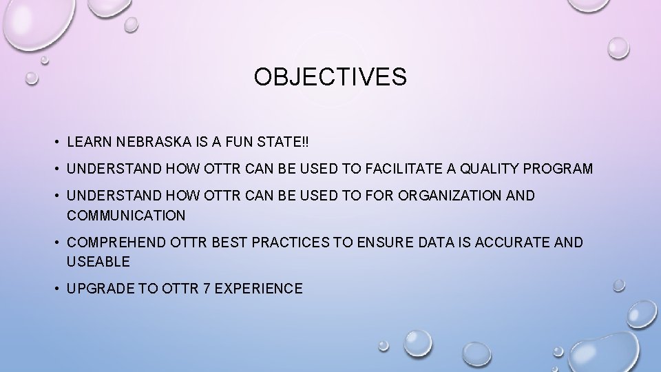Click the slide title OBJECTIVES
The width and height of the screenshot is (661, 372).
(x=330, y=78)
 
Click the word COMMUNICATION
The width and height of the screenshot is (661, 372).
(x=126, y=216)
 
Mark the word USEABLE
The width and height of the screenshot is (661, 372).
(x=97, y=262)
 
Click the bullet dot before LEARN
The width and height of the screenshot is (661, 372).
(x=55, y=143)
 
